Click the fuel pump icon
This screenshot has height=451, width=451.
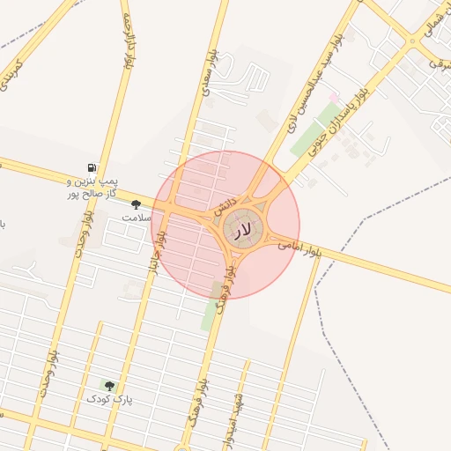pyautogui.click(x=92, y=167)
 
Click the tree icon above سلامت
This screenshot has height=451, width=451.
pyautogui.click(x=136, y=203)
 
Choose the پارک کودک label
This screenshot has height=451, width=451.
pyautogui.click(x=108, y=399)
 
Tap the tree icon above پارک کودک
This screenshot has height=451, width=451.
pyautogui.click(x=108, y=385)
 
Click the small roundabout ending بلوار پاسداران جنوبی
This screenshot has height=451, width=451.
pyautogui.click(x=412, y=41)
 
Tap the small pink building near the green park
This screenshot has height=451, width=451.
pyautogui.click(x=334, y=95)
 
